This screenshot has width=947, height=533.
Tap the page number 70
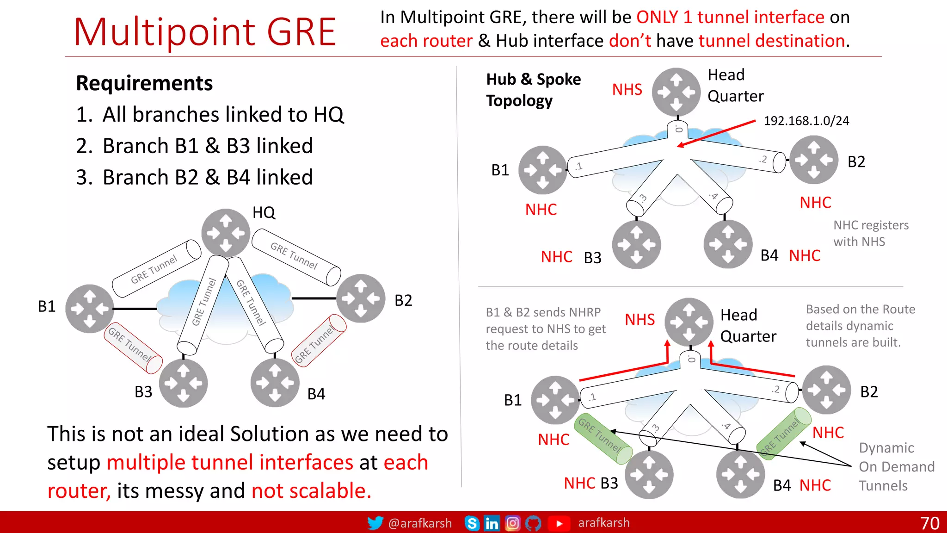click(x=929, y=523)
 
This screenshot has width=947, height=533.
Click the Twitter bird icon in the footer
click(x=375, y=523)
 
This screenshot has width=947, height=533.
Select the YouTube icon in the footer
click(x=559, y=523)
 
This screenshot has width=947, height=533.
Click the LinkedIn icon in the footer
click(x=492, y=523)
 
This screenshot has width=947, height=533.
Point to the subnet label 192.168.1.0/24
click(x=806, y=121)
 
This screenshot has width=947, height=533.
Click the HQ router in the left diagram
click(x=226, y=233)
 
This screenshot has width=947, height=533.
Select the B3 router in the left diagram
click(x=184, y=383)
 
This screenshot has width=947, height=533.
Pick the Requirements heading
click(x=144, y=83)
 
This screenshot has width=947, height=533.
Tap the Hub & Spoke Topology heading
click(x=533, y=90)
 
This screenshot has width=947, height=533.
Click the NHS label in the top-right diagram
click(x=627, y=89)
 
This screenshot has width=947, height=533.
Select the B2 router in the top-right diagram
click(x=813, y=160)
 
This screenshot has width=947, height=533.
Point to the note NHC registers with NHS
click(x=871, y=233)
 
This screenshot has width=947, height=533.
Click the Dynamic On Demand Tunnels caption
click(x=896, y=466)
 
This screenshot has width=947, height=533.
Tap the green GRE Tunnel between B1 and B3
click(x=603, y=438)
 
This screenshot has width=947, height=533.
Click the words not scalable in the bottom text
click(x=311, y=490)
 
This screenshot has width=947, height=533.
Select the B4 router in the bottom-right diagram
click(x=740, y=474)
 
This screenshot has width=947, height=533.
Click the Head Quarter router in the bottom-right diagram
click(x=689, y=322)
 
